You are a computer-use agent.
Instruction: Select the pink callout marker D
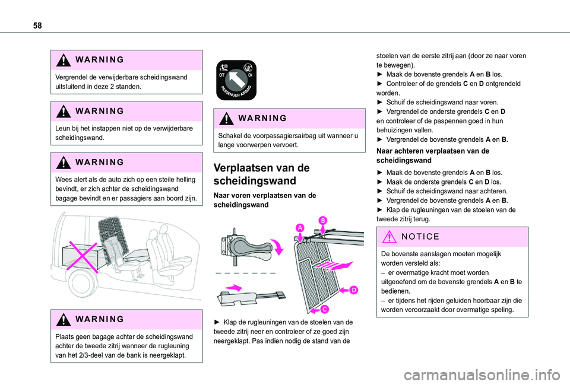pos(353,289)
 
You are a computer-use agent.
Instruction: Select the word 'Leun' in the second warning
pos(62,128)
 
